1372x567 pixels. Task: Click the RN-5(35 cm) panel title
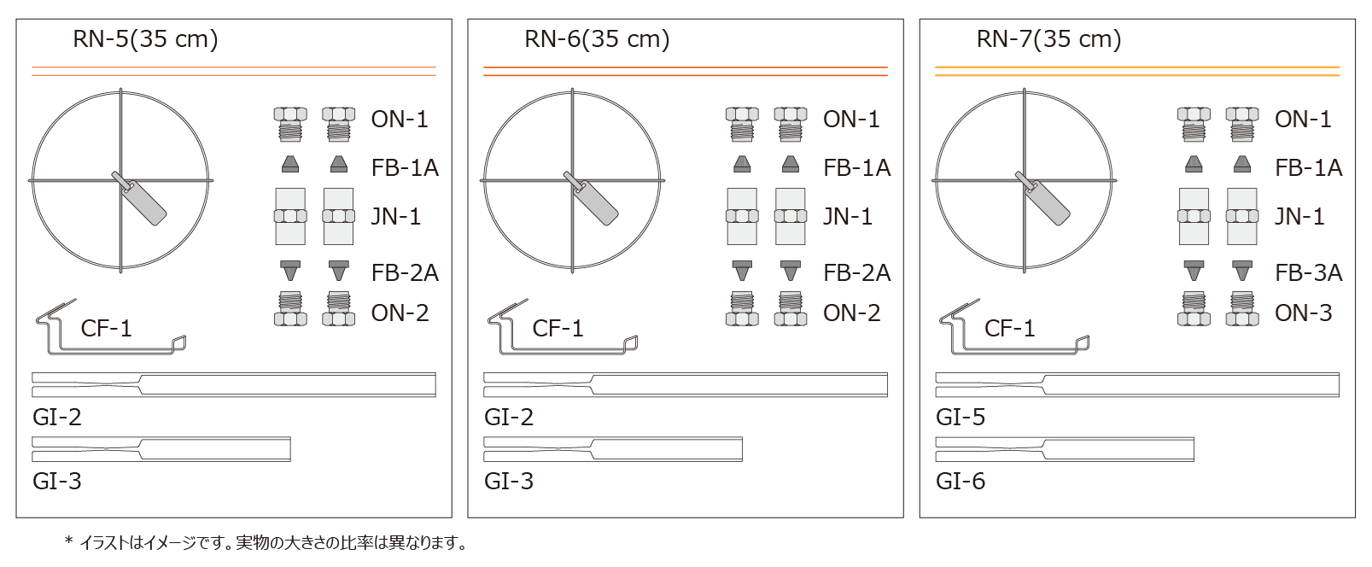coord(145,39)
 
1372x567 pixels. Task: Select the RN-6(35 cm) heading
coord(597,39)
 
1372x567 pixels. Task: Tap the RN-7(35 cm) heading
coord(1048,39)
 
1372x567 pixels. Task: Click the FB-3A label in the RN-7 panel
coord(1308,272)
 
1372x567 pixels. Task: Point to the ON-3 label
coord(1304,313)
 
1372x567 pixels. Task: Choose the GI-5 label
coord(960,417)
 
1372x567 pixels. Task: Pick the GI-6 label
coord(960,482)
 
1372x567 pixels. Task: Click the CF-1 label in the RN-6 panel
coord(558,328)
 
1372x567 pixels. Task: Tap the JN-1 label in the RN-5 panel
coord(396,217)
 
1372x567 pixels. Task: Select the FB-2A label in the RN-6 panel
coord(857,272)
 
